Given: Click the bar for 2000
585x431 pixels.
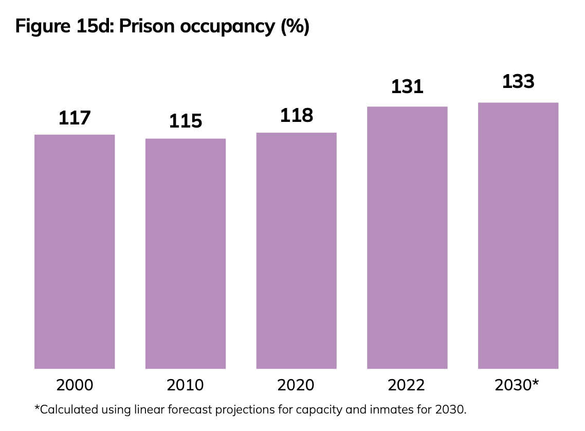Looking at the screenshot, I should [x=75, y=252].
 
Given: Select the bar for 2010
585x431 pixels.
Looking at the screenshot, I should [x=186, y=254].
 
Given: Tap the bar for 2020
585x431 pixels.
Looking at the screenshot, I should [x=297, y=250].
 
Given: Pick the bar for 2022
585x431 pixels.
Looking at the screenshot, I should [x=407, y=238].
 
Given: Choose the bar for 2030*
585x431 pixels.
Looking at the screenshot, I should [x=518, y=236].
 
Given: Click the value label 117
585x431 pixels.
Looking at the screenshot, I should [x=75, y=118].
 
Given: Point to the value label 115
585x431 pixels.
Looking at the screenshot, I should [x=186, y=122].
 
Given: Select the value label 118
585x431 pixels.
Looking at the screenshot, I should [x=297, y=116].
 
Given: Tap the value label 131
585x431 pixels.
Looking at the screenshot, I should [x=407, y=87].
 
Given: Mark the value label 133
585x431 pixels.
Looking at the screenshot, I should [x=518, y=82].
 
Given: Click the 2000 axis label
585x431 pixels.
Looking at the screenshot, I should [x=75, y=385].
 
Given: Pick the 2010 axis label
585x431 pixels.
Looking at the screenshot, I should [x=186, y=385].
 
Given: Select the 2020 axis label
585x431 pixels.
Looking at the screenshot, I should [x=297, y=385].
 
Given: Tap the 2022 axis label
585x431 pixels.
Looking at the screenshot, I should [x=407, y=385].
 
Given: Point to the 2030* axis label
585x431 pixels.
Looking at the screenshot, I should [x=517, y=385].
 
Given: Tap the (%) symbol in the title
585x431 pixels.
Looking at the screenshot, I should [x=295, y=26].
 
